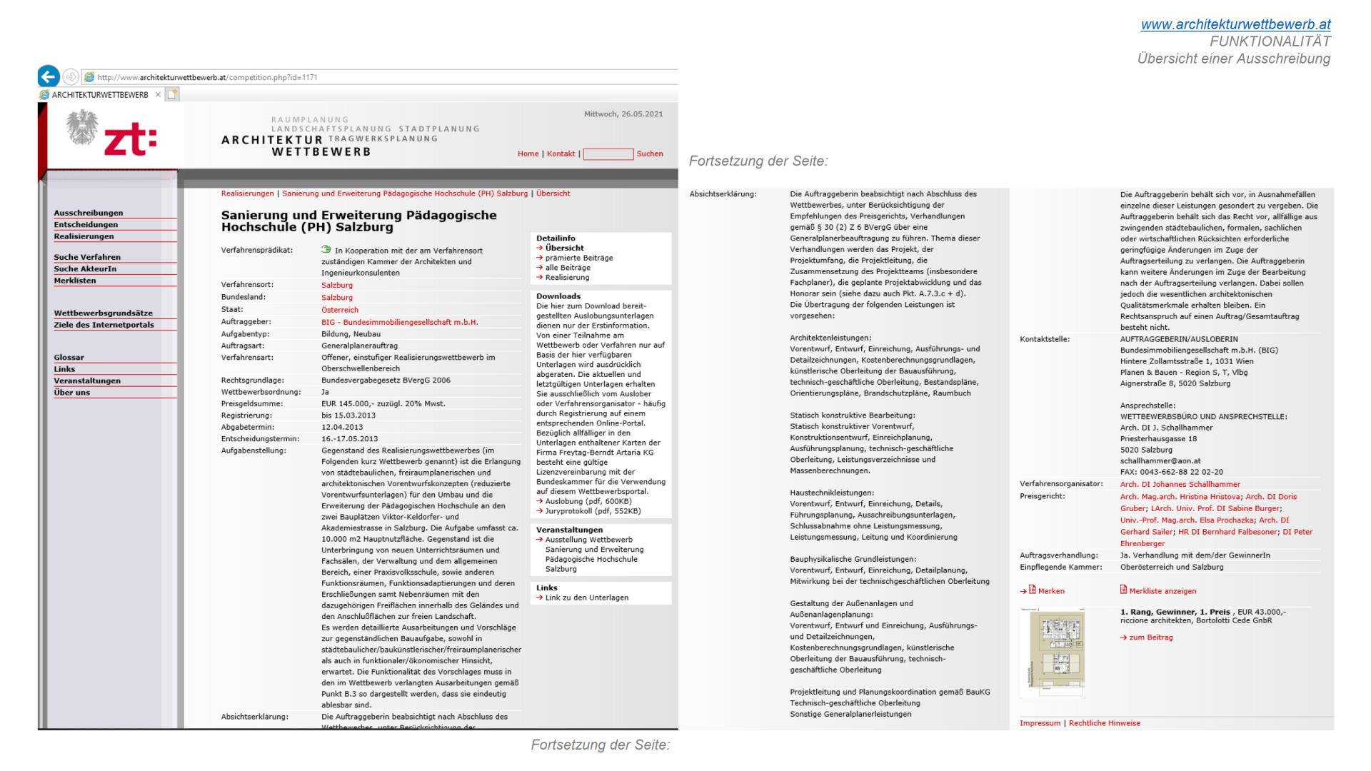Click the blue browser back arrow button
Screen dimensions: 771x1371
(49, 76)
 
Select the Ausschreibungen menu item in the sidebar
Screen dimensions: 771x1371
(89, 213)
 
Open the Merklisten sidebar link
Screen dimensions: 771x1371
(75, 281)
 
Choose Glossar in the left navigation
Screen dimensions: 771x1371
(69, 357)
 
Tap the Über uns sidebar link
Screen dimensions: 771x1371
(72, 392)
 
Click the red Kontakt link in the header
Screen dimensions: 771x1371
(561, 153)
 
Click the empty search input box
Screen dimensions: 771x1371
(608, 154)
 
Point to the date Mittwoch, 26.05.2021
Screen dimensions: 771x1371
(623, 114)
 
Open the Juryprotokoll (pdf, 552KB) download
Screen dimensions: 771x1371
(593, 511)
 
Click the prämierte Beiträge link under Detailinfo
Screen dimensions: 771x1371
(578, 258)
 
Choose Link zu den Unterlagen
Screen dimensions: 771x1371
(586, 598)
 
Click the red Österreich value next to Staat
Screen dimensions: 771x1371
(340, 310)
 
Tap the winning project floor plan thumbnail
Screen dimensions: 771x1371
(1052, 652)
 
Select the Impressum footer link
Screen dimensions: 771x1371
(1040, 723)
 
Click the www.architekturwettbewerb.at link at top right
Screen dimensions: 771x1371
(1235, 24)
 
